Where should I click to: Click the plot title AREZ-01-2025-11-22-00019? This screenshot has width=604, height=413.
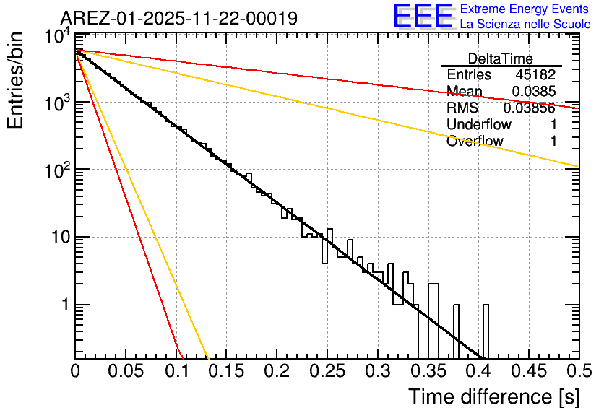[x=178, y=18]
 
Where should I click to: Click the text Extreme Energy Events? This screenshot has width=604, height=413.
[x=525, y=9]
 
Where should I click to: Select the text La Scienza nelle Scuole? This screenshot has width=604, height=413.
[x=525, y=24]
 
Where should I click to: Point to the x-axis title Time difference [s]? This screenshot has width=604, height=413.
[x=493, y=396]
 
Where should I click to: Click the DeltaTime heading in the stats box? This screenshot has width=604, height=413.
[x=500, y=58]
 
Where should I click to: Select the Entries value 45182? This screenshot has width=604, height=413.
[x=535, y=75]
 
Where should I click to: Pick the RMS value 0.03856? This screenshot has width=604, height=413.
[x=529, y=108]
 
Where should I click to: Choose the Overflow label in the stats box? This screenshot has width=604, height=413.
[x=475, y=142]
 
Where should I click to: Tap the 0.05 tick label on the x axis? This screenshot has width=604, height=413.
[x=126, y=370]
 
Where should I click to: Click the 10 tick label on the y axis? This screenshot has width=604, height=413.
[x=56, y=238]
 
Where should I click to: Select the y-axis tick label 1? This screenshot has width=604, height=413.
[x=62, y=305]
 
